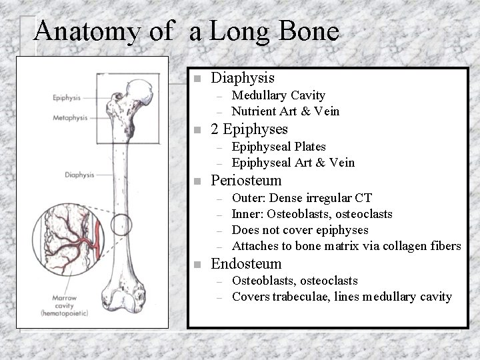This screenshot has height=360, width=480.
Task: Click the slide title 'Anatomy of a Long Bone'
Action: (186, 31)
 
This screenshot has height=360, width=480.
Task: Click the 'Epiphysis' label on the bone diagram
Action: (67, 97)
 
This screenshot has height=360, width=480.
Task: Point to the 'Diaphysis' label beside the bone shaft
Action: (79, 175)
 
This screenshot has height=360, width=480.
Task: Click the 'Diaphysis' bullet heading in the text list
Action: (243, 78)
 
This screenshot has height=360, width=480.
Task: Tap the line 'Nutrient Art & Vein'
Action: (285, 111)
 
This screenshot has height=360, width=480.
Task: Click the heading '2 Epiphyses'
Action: (249, 129)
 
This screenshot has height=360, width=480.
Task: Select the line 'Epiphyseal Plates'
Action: (279, 147)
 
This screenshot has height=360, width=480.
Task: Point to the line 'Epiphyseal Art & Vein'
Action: (293, 162)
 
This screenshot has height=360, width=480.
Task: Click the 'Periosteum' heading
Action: (246, 181)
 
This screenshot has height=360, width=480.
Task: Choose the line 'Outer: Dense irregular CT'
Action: (301, 198)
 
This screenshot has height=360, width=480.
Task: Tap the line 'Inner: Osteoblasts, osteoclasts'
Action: (311, 214)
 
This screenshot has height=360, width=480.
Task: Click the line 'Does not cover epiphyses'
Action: (299, 230)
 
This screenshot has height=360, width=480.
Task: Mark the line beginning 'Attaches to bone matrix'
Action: (346, 246)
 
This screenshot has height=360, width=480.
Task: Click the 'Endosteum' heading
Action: (246, 264)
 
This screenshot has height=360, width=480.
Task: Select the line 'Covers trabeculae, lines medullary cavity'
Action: (341, 297)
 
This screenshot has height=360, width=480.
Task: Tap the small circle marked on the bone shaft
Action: (121, 226)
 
